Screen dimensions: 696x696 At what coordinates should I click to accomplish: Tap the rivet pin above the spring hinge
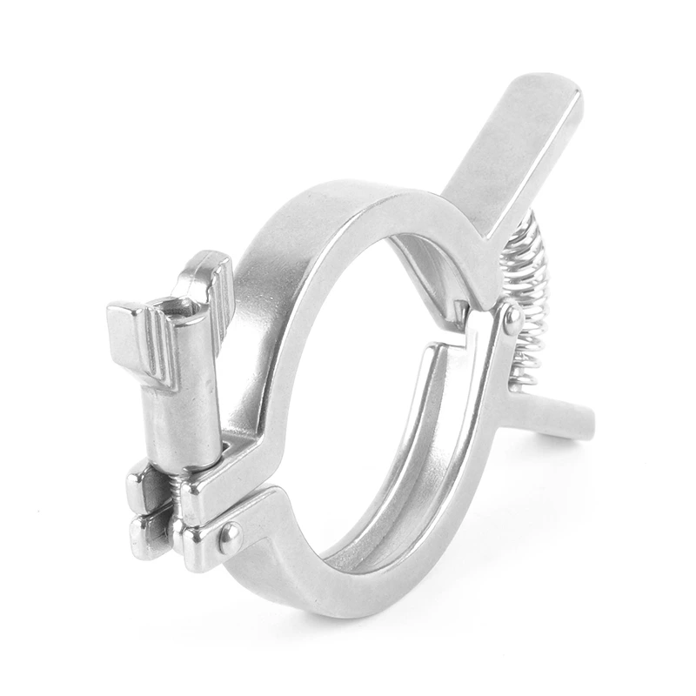(512, 319)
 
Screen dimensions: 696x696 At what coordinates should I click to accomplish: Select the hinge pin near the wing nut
(230, 538)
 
